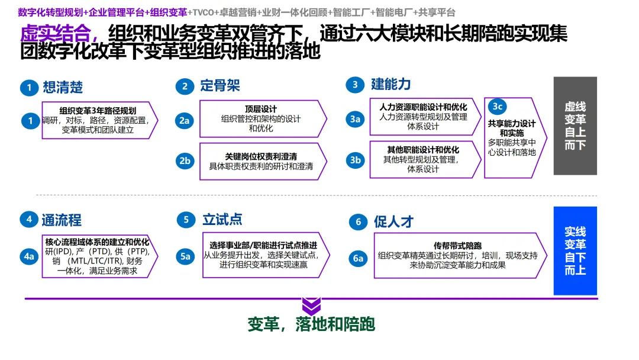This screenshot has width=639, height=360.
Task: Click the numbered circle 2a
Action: [185, 120]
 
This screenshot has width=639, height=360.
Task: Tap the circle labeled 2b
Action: [185, 160]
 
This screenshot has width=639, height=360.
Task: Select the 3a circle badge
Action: [355, 119]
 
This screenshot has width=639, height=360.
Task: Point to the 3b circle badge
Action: [355, 160]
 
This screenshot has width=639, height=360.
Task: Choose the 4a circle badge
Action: [29, 256]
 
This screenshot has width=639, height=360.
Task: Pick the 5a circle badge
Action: [185, 256]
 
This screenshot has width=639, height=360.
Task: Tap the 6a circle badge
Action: [359, 258]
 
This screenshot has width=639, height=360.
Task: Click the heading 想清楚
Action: [63, 88]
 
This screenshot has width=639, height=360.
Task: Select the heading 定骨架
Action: [220, 86]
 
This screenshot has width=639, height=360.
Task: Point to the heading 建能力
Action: [390, 84]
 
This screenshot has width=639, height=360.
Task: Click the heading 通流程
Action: [62, 220]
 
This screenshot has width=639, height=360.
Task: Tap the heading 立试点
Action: [222, 220]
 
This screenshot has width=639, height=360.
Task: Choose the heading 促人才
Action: [393, 222]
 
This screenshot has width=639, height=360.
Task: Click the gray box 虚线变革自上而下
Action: [575, 126]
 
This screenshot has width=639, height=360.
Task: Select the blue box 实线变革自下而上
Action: [575, 250]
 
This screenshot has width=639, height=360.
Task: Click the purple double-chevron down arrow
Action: [311, 306]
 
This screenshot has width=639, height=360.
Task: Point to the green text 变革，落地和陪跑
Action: [311, 324]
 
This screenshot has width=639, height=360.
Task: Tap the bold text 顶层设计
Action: [261, 109]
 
